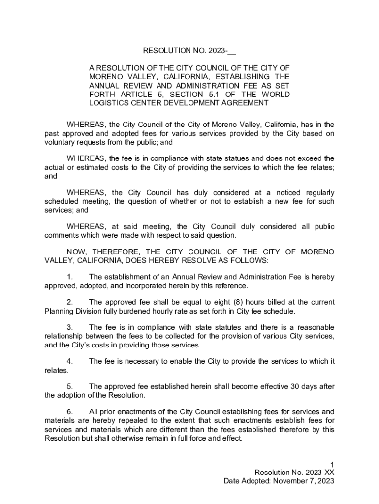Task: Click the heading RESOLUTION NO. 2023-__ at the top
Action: tap(189, 51)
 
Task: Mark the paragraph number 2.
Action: tap(70, 302)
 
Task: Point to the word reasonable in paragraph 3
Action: tap(315, 327)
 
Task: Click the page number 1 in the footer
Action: tap(333, 464)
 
